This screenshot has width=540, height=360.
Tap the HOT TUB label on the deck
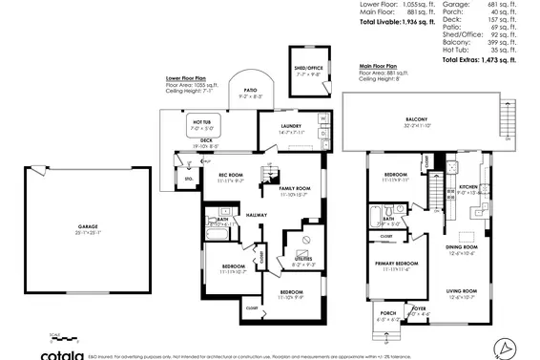(x=202, y=122)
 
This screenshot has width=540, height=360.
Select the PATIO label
(x=250, y=90)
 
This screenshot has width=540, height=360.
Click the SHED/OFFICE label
(x=308, y=69)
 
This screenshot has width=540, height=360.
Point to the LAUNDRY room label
(x=292, y=125)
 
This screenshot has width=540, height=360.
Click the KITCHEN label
(x=467, y=186)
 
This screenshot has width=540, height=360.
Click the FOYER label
(x=419, y=307)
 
